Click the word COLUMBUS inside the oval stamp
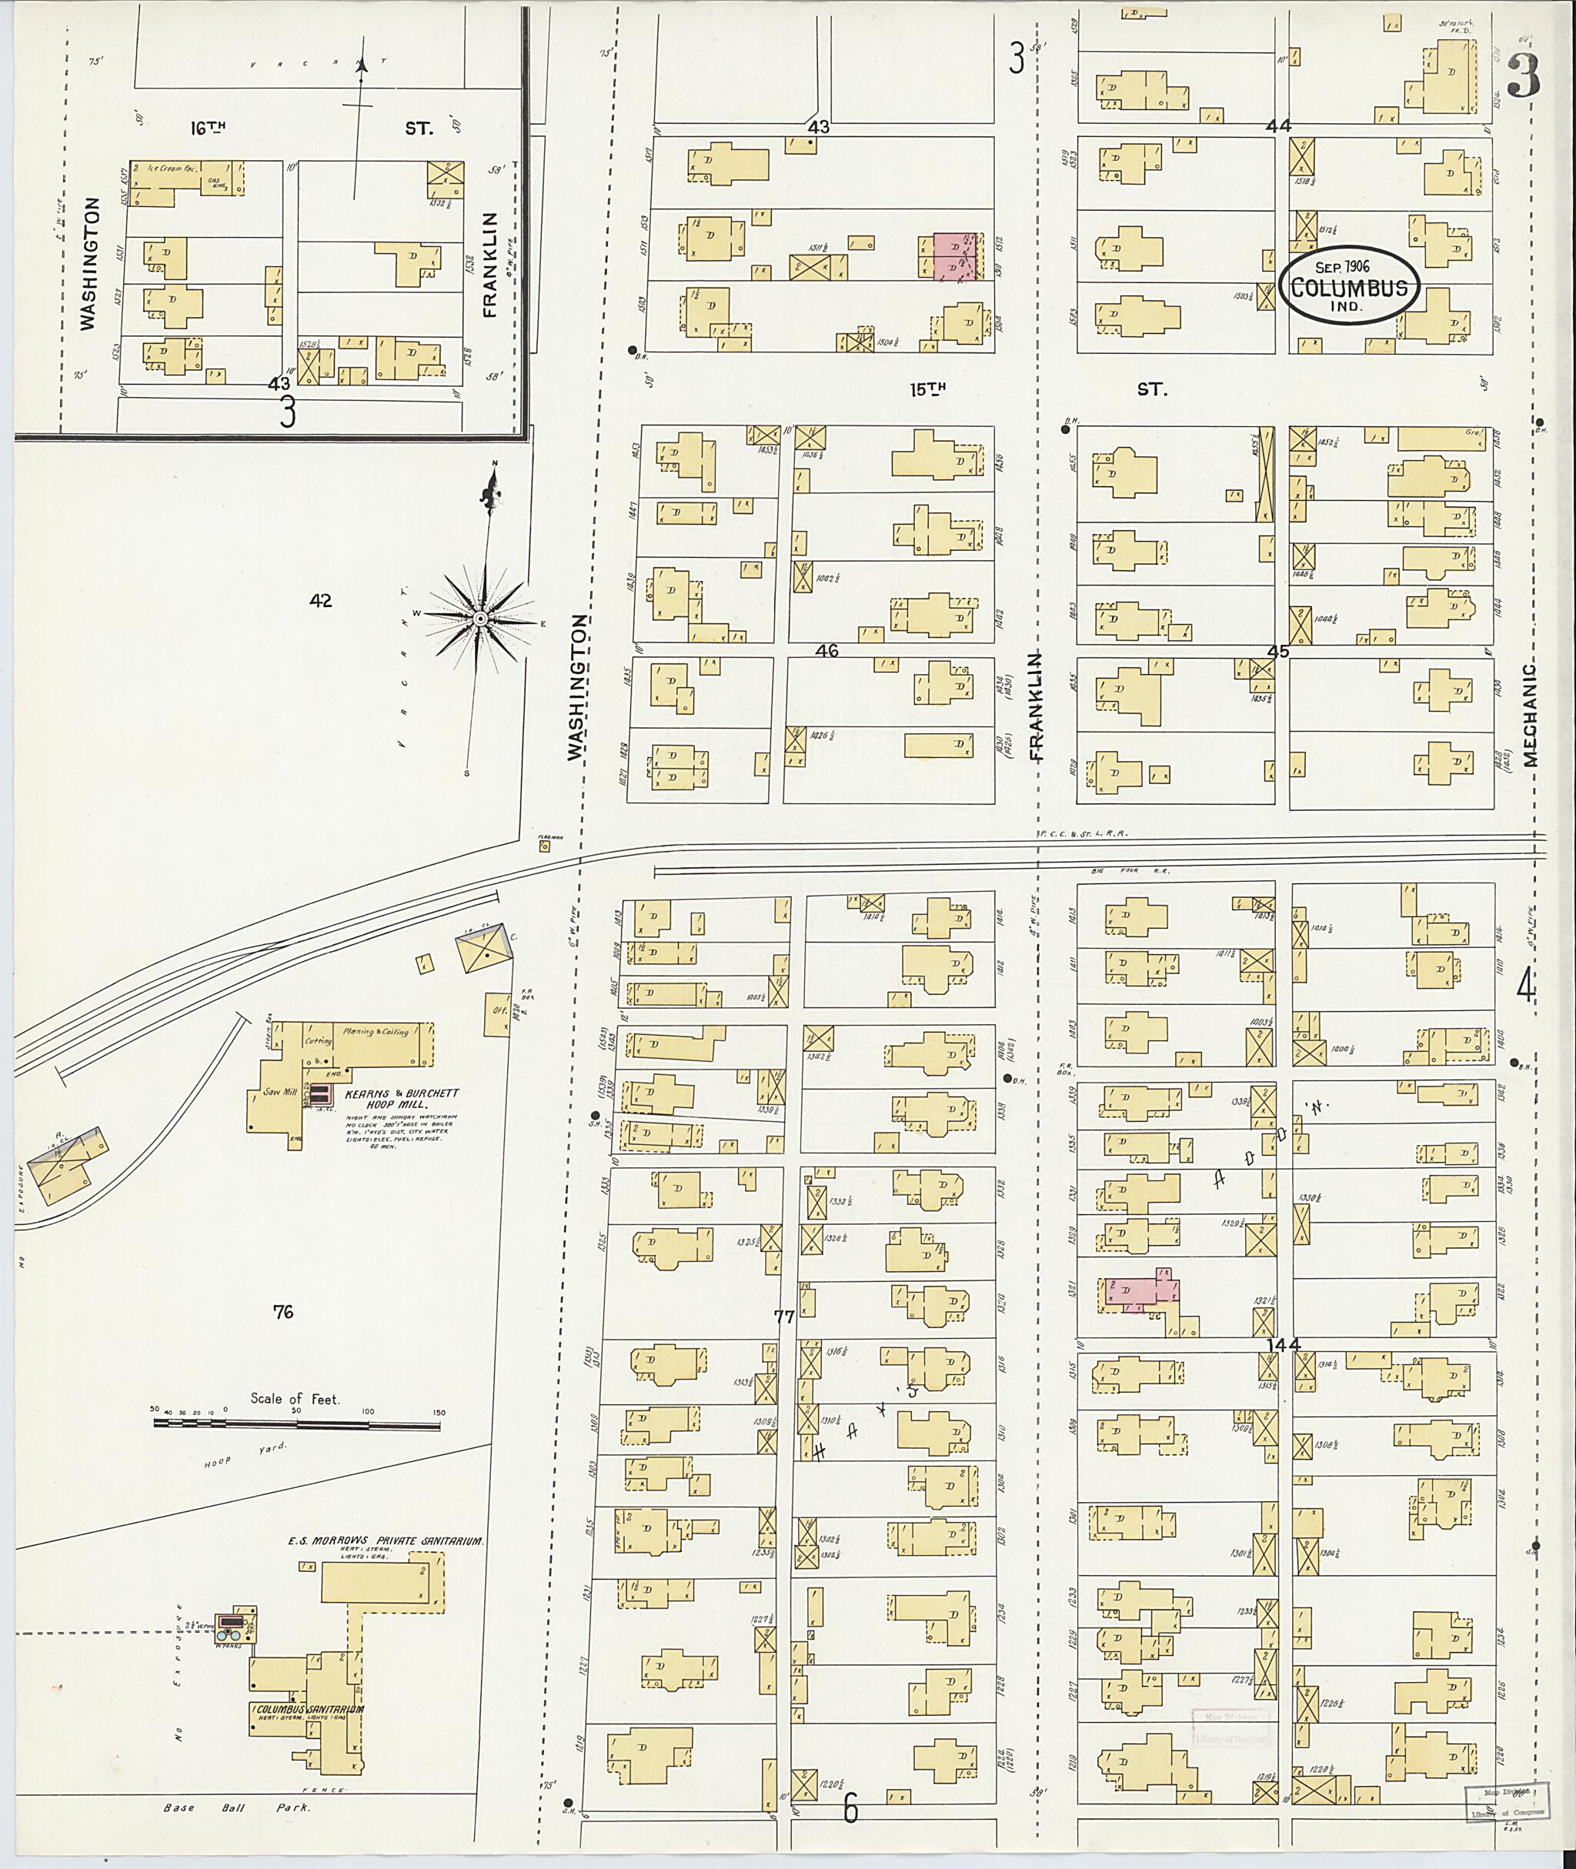point(1350,289)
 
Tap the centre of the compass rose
point(479,618)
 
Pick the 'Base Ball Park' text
point(237,1807)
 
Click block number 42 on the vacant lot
point(321,601)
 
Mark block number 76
point(283,1313)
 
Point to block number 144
point(1283,1343)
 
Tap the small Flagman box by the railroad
point(544,844)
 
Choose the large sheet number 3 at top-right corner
point(1524,78)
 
